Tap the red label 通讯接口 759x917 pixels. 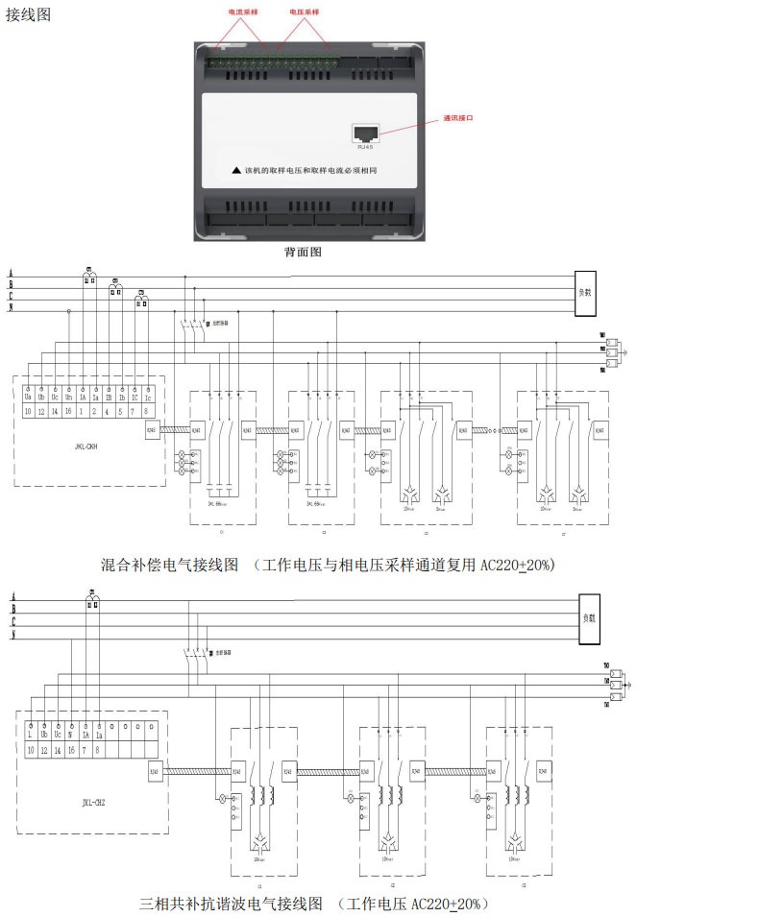click(x=458, y=119)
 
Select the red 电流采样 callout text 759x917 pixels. click(x=243, y=12)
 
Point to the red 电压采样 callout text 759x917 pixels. click(x=305, y=12)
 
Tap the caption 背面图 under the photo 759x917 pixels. click(x=303, y=253)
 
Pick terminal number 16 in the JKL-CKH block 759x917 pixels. click(x=69, y=411)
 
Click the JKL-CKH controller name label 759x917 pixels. click(x=86, y=446)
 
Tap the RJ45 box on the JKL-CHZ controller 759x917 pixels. click(x=156, y=770)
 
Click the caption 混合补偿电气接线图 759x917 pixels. click(x=169, y=565)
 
